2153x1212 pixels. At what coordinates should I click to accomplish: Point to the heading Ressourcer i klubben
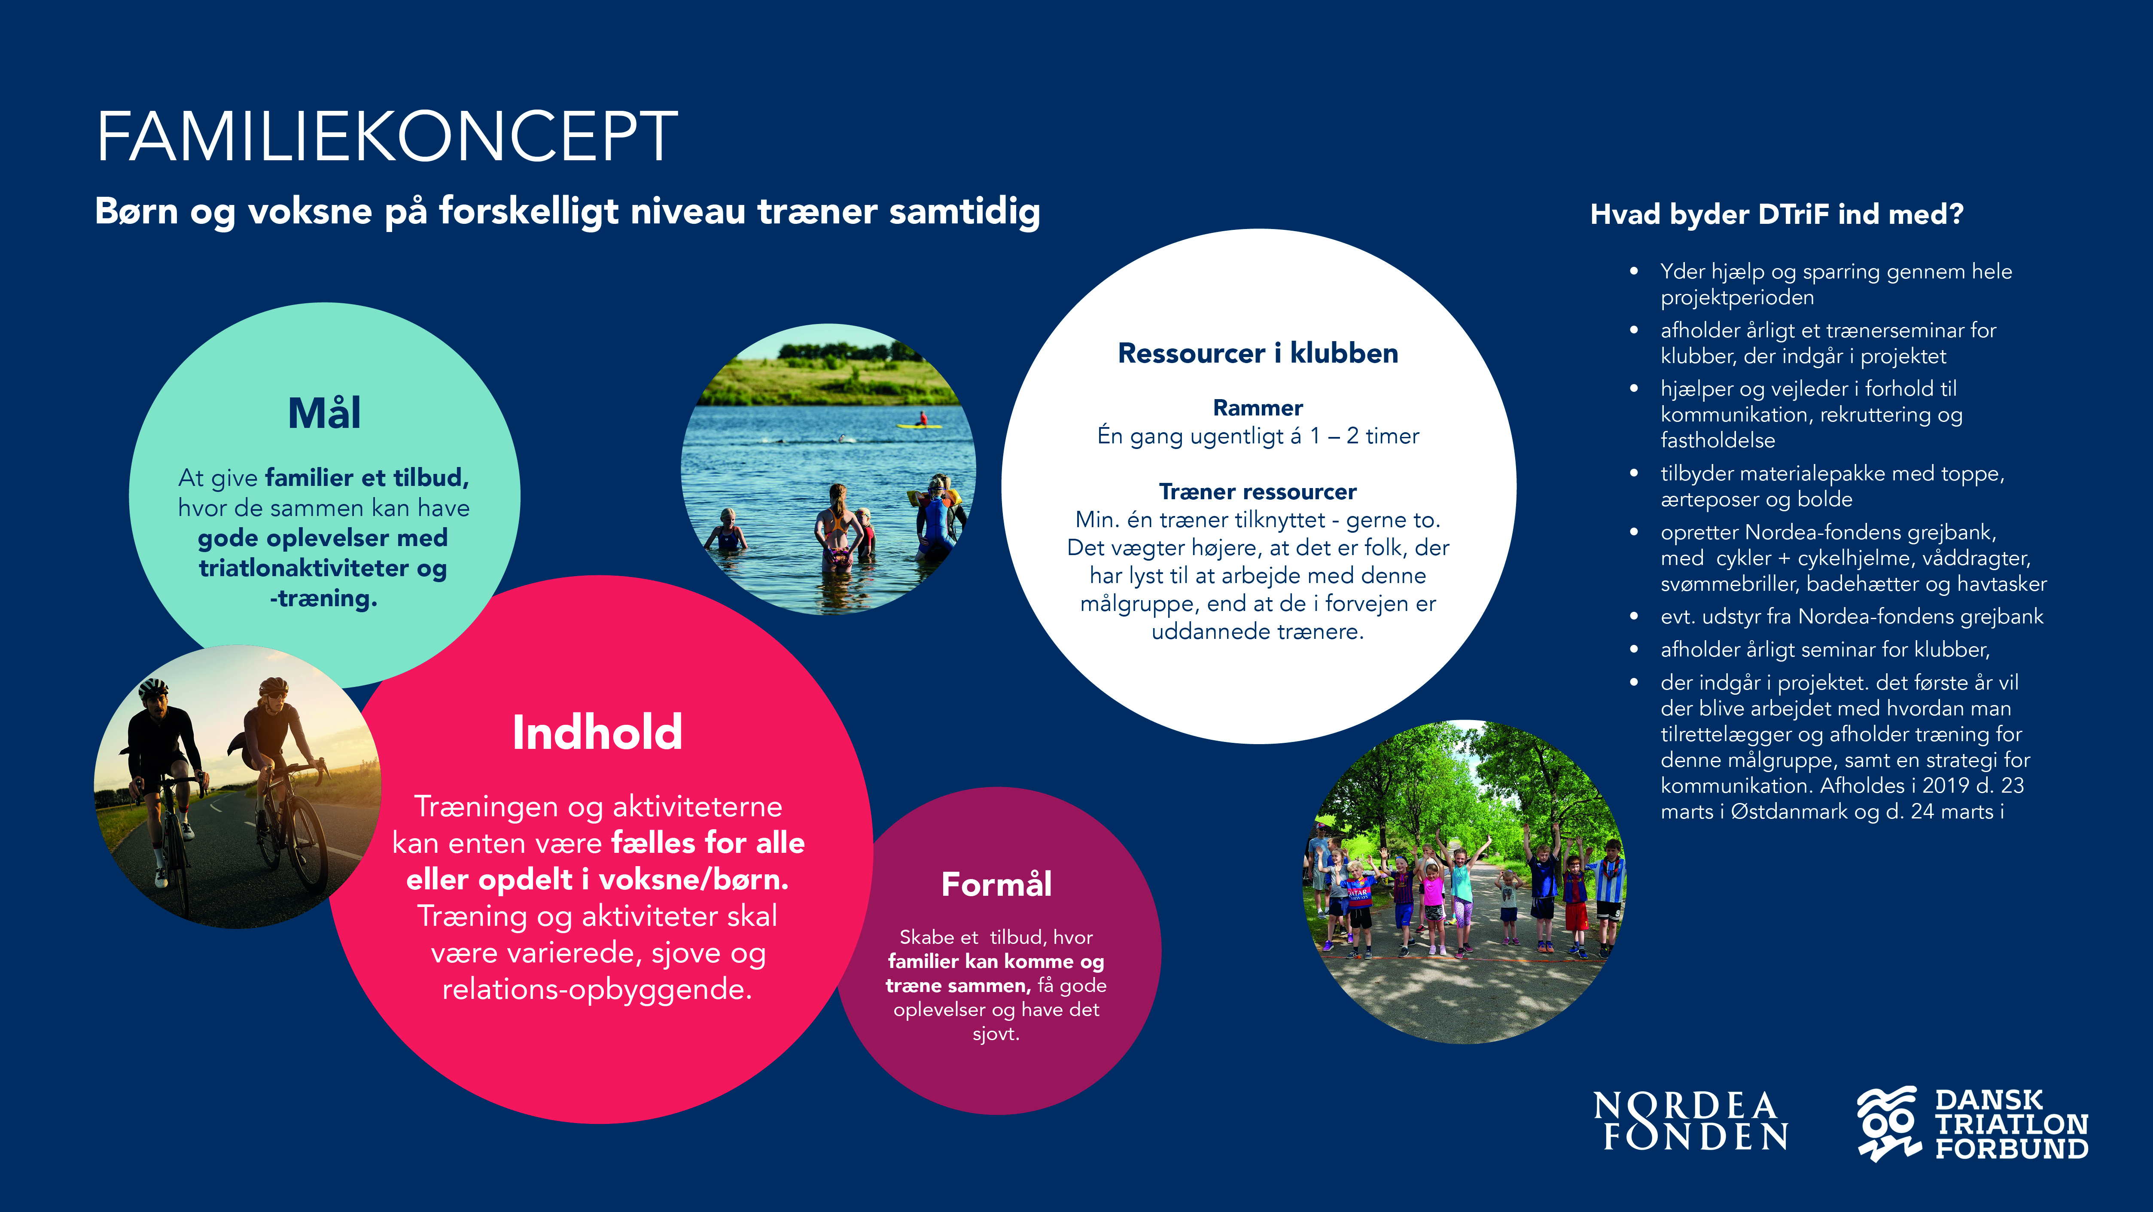tap(1258, 353)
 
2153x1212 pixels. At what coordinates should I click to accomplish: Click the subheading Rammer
tap(1258, 408)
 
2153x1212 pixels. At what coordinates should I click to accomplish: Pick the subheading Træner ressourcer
tap(1258, 492)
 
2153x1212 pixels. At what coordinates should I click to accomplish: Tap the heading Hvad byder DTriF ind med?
tap(1776, 214)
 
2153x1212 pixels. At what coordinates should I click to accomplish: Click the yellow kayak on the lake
tap(920, 425)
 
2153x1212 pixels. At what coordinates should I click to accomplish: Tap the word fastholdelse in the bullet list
tap(1718, 440)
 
